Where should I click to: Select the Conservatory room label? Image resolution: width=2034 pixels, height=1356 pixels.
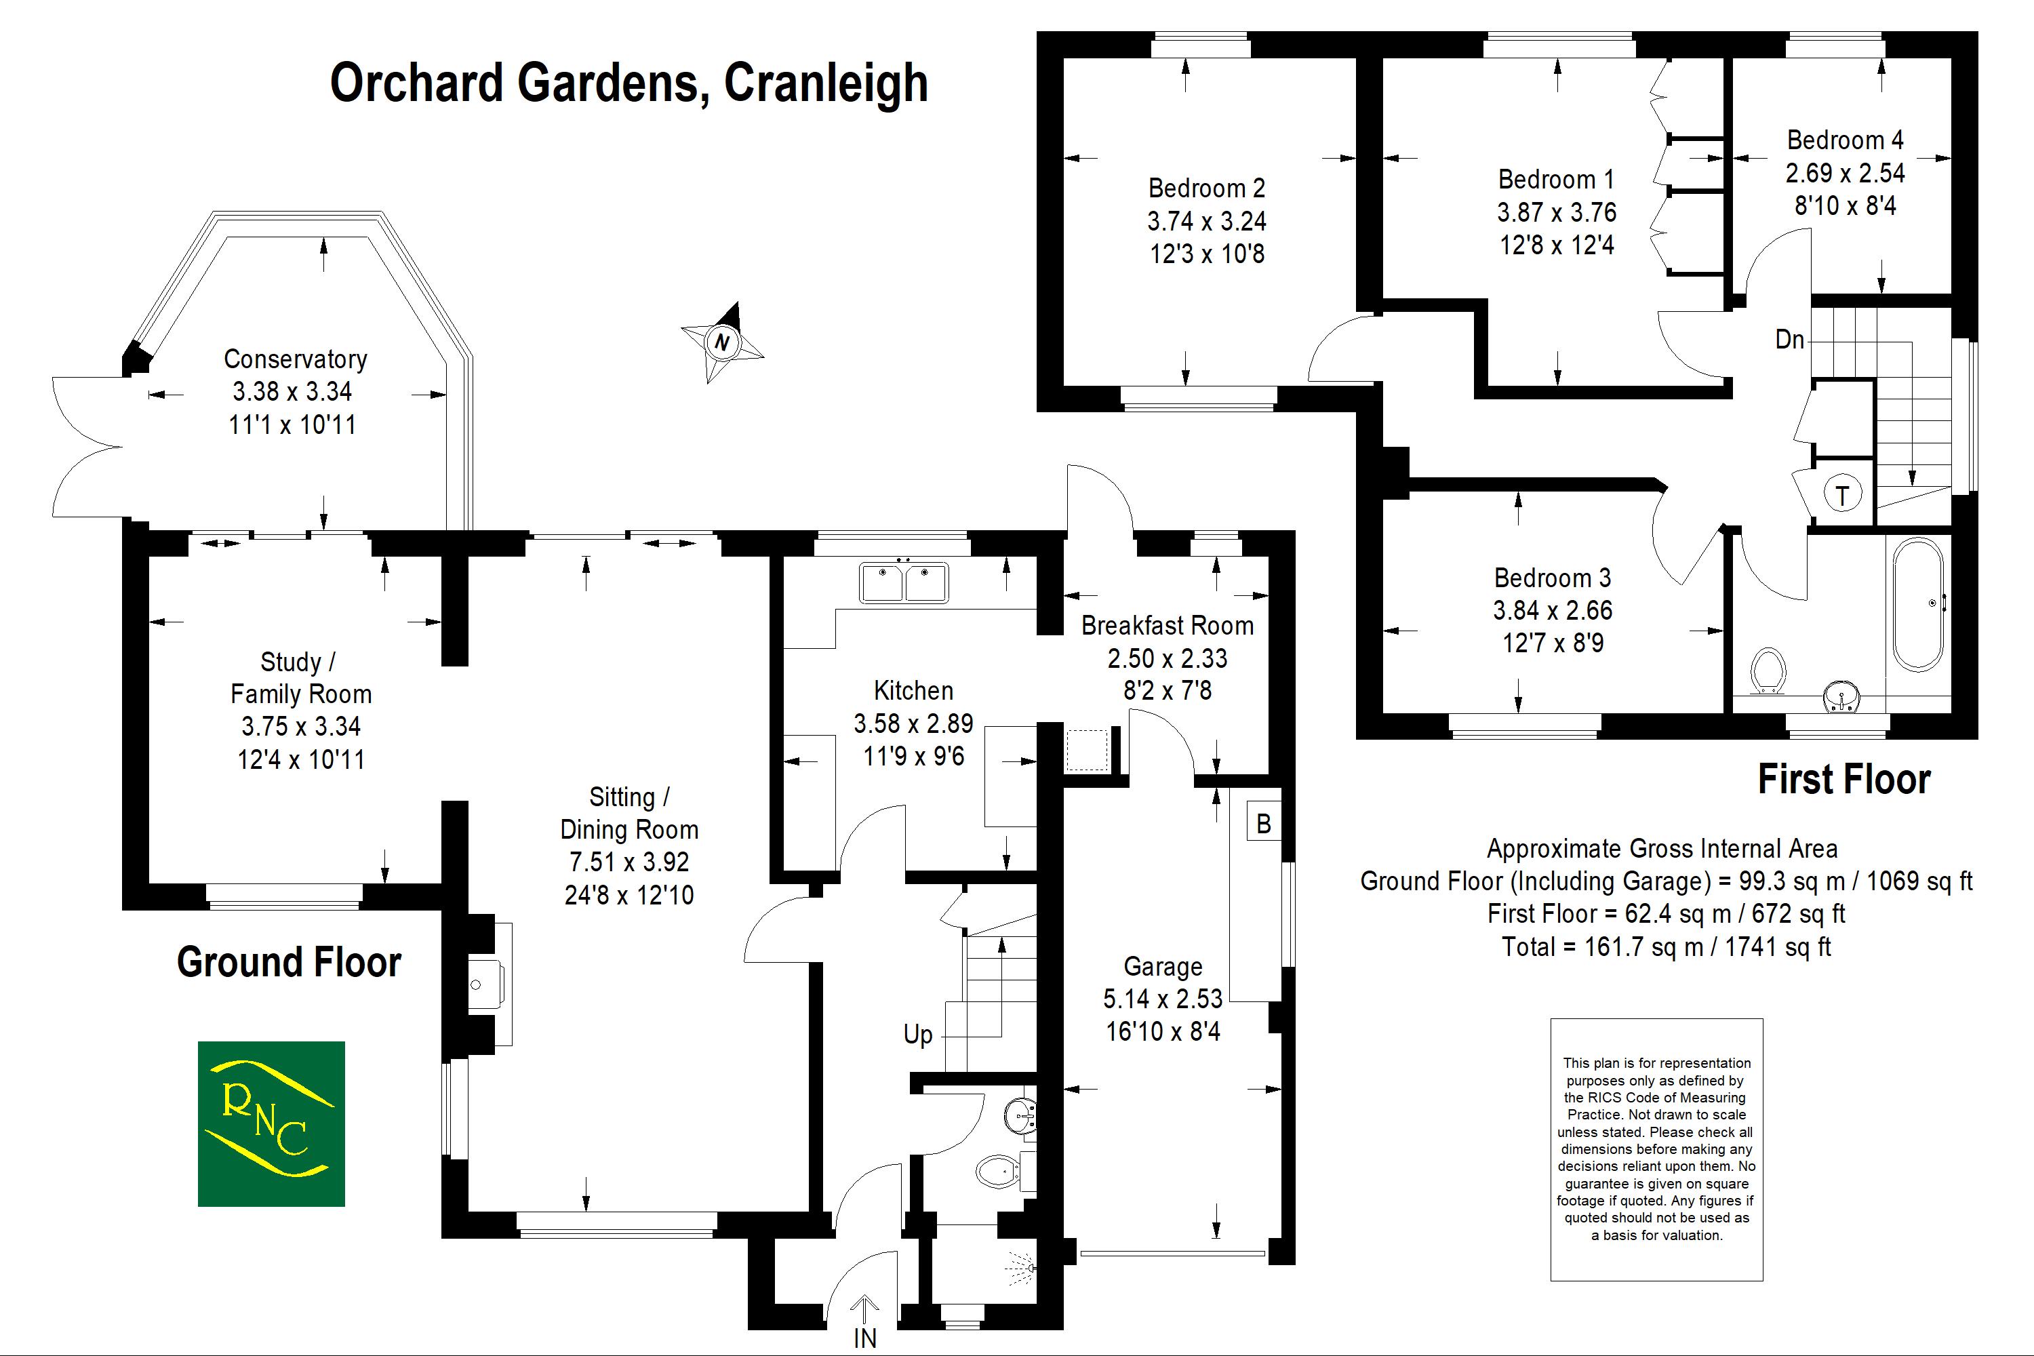pyautogui.click(x=295, y=359)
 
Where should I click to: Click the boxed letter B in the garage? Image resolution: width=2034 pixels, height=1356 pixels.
pyautogui.click(x=1264, y=823)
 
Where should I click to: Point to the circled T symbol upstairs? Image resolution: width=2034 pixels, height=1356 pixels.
pyautogui.click(x=1842, y=496)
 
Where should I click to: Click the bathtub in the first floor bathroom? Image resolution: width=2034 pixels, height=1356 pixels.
pyautogui.click(x=1918, y=603)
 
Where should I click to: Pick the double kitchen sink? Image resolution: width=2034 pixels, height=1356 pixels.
pyautogui.click(x=904, y=582)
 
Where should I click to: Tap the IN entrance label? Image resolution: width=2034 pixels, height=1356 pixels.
pyautogui.click(x=865, y=1337)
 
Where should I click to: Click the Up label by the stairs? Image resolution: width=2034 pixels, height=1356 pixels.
pyautogui.click(x=917, y=1035)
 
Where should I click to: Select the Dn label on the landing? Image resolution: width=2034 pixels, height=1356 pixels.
pyautogui.click(x=1789, y=340)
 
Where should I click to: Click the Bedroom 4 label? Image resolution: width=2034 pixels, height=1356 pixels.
pyautogui.click(x=1845, y=140)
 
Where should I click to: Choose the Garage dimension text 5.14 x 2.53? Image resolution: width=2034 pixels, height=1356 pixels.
pyautogui.click(x=1162, y=999)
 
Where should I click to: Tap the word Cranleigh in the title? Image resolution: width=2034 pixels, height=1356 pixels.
pyautogui.click(x=826, y=83)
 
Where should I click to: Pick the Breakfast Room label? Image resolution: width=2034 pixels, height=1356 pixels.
pyautogui.click(x=1167, y=625)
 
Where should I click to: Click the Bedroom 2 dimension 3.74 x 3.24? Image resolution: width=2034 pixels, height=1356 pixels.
pyautogui.click(x=1206, y=222)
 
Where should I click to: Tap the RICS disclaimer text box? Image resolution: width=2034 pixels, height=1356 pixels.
pyautogui.click(x=1656, y=1149)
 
